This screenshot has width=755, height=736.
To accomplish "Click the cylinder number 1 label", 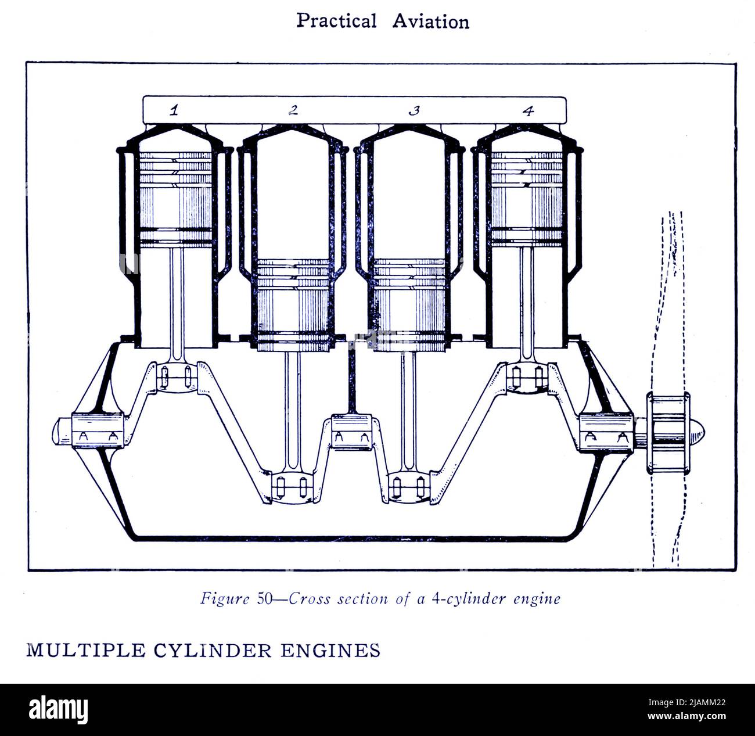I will (173, 110).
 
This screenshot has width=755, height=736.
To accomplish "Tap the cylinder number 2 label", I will (294, 110).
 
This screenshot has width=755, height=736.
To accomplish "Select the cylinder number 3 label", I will (414, 110).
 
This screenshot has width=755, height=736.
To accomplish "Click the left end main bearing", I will (98, 432).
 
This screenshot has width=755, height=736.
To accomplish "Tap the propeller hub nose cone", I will (700, 432).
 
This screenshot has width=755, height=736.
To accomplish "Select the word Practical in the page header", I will (336, 21).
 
